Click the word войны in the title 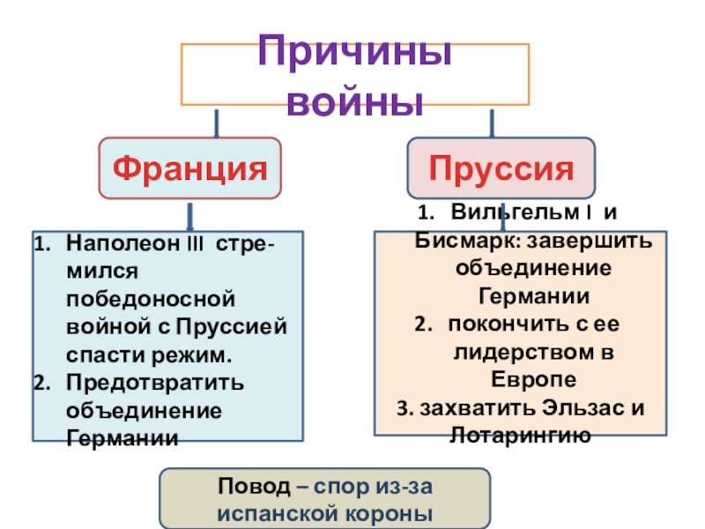click(356, 101)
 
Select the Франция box click(191, 167)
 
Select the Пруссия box click(501, 167)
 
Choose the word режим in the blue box click(201, 355)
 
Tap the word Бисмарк click(465, 241)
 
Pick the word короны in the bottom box click(387, 513)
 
